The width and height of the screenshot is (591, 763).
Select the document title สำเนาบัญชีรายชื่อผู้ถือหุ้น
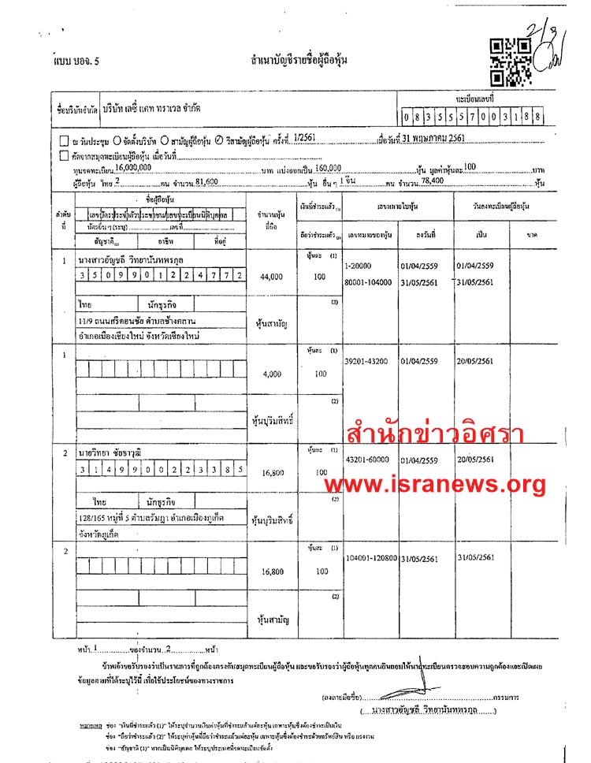(299, 61)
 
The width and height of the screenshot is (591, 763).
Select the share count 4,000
(270, 374)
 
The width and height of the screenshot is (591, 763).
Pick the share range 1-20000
(359, 266)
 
